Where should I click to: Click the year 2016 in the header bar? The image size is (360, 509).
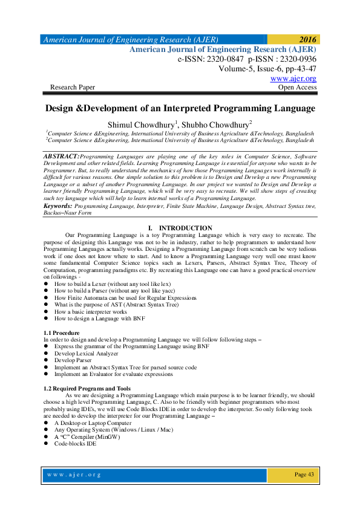[x=307, y=39]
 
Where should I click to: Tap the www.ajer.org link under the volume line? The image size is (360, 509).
[x=293, y=79]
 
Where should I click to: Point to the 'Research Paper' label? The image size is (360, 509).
[x=73, y=87]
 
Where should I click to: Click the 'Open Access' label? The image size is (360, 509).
[x=297, y=87]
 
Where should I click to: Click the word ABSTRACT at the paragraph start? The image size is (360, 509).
[x=62, y=156]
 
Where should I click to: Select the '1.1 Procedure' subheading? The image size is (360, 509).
[x=62, y=332]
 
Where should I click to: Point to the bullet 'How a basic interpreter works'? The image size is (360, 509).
[x=91, y=312]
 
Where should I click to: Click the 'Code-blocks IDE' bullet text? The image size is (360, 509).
[x=76, y=443]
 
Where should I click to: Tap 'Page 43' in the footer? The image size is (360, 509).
[x=304, y=475]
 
